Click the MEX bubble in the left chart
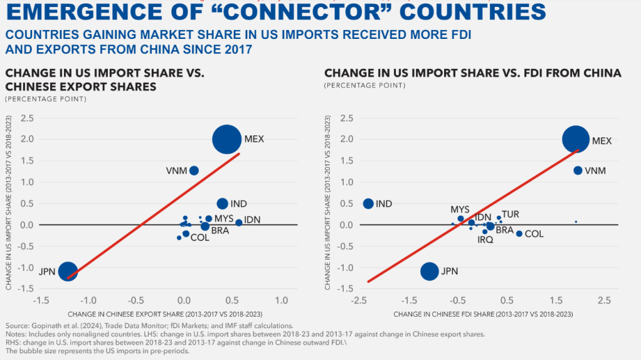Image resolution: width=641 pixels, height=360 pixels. pos(226,139)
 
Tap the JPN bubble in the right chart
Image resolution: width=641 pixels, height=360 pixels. pos(430,271)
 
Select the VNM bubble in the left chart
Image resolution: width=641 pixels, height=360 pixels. pos(194,171)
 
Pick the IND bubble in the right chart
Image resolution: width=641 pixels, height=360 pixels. pos(368,204)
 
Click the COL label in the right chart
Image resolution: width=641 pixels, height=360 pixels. pos(534,234)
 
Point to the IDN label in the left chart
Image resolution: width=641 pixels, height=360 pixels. pos(252,220)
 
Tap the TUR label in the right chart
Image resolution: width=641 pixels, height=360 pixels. pos(511,214)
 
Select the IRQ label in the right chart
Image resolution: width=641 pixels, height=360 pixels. pos(485,240)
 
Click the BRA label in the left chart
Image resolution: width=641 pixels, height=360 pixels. pos(220,230)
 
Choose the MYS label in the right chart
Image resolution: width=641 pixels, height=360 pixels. pos(460,209)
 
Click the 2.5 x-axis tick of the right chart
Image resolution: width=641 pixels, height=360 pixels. pos(604,300)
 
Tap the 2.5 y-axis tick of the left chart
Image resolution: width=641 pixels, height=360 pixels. pos(26,118)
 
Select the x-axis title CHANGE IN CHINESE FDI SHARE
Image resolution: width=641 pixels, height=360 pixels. pos(483,313)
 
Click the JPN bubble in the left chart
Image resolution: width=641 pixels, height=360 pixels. pos(68,272)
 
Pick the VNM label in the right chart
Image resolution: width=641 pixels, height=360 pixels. pos(595,171)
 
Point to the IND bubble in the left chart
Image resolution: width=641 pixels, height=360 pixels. pos(222,204)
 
